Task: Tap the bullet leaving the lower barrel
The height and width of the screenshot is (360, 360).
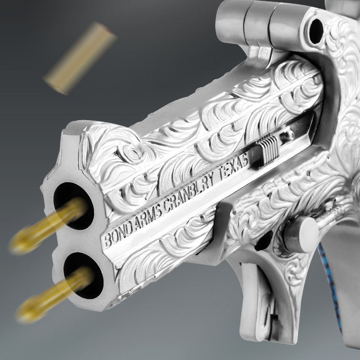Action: (52, 296)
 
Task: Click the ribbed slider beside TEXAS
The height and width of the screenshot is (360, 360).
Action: (265, 150)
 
